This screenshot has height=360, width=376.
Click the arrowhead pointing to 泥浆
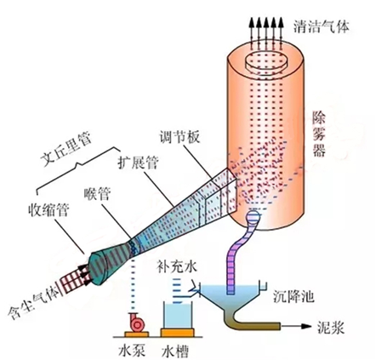click(304, 324)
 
